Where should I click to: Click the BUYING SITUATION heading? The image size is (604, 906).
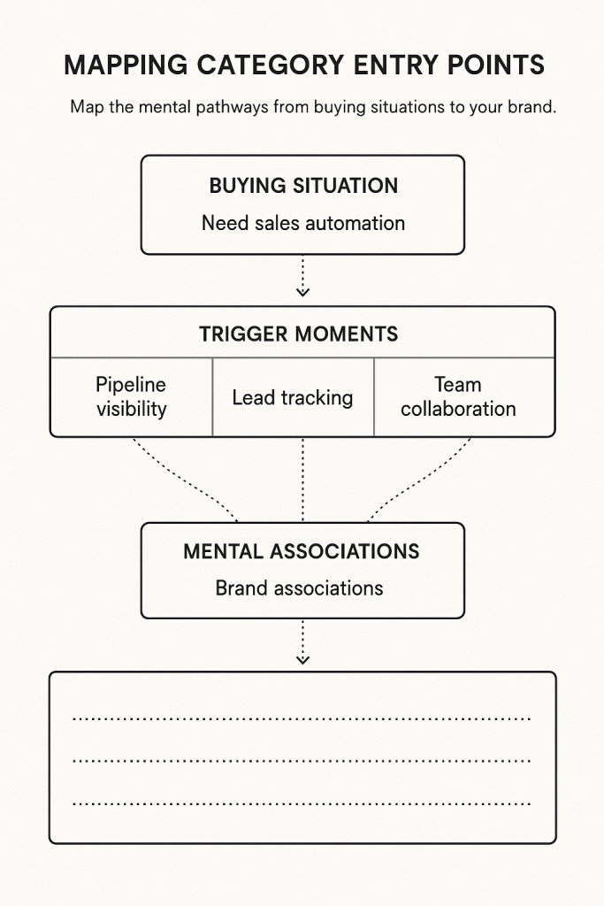click(303, 186)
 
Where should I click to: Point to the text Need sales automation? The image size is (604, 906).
click(303, 223)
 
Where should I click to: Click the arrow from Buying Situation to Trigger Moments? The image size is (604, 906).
click(303, 276)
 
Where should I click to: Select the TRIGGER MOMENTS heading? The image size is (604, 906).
click(298, 334)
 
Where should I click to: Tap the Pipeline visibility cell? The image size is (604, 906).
click(131, 396)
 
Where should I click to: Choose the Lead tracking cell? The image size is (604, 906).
click(292, 397)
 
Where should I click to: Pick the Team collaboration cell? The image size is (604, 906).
click(458, 396)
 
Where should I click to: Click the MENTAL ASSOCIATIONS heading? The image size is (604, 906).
click(302, 551)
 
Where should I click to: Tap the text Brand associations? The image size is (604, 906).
click(299, 587)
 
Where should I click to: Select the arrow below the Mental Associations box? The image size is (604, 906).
click(303, 642)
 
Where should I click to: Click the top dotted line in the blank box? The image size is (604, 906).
click(301, 719)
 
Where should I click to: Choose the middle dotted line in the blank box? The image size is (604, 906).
click(301, 760)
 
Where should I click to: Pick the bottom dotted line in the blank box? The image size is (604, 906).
click(301, 804)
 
